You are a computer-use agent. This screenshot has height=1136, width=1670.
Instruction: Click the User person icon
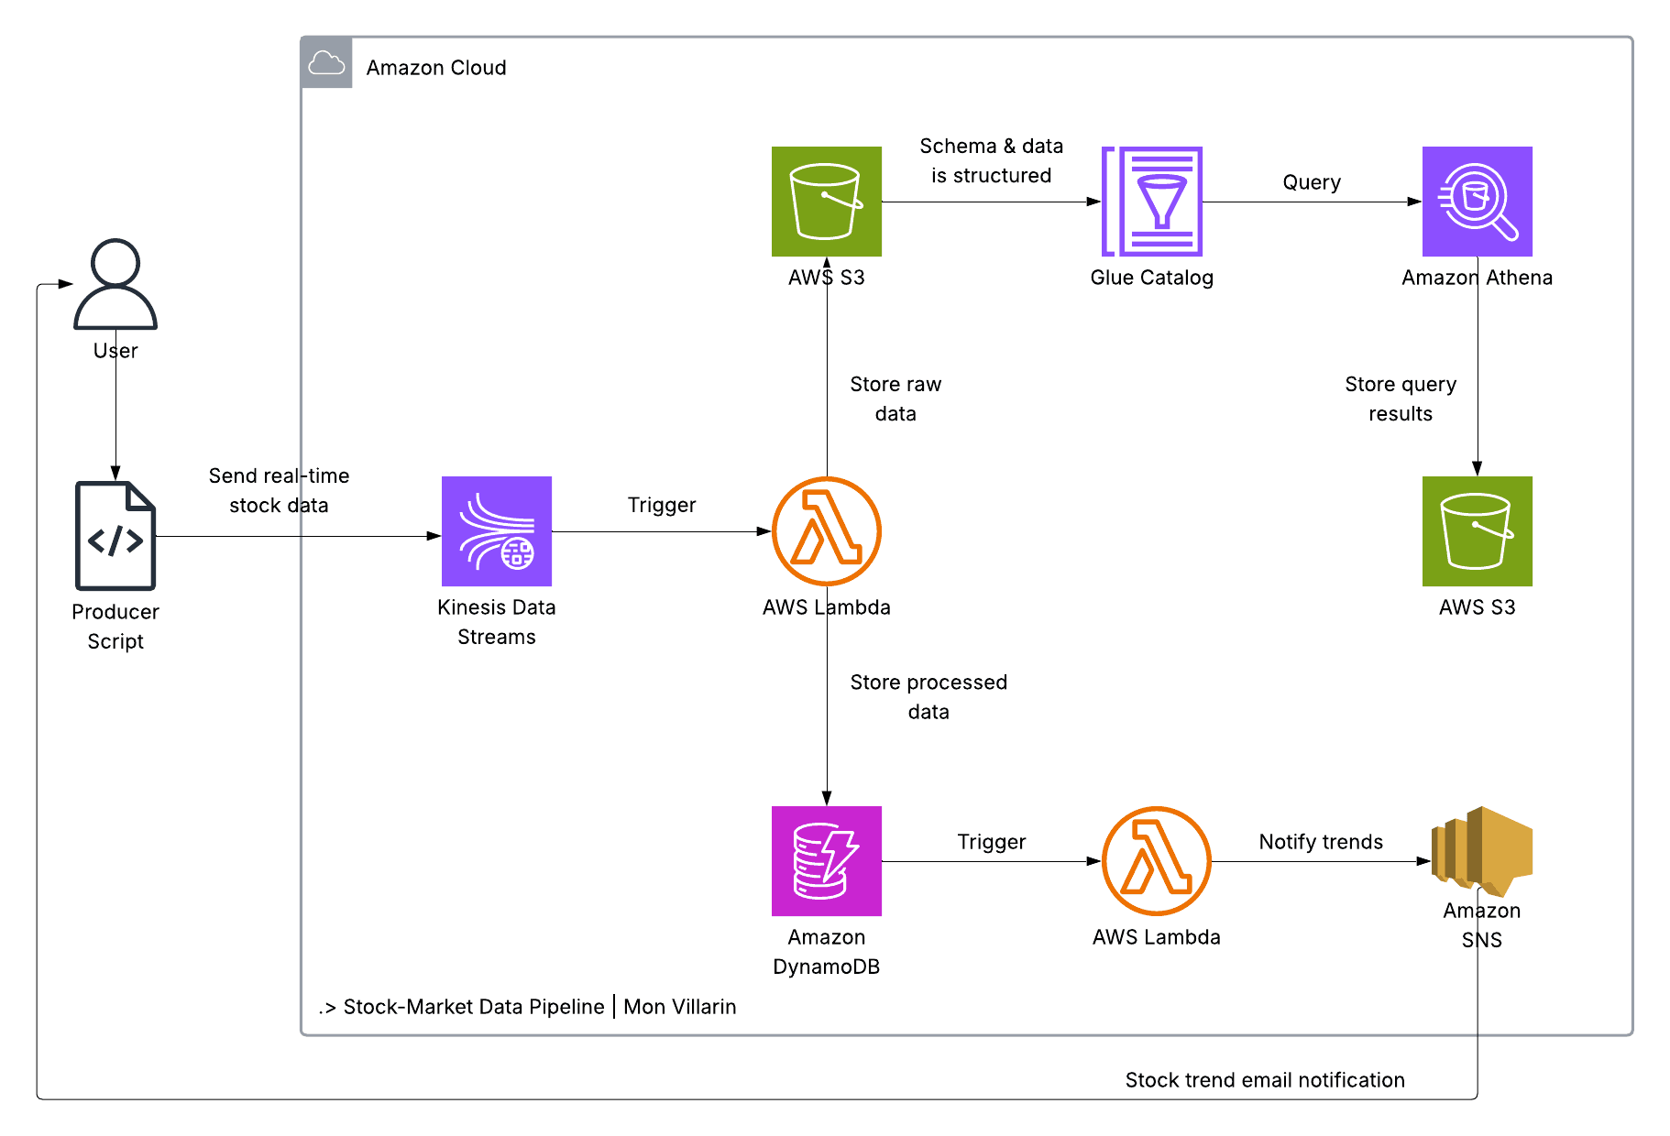(x=115, y=284)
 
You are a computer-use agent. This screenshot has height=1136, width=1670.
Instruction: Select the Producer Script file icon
(x=115, y=536)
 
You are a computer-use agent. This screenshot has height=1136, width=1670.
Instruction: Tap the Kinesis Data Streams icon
(x=497, y=531)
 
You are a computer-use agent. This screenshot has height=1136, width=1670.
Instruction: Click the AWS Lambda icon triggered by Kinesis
(x=827, y=531)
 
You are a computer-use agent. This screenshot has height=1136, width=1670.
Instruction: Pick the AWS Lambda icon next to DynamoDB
(x=1157, y=861)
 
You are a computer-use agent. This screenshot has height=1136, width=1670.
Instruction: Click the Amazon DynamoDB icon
(x=827, y=861)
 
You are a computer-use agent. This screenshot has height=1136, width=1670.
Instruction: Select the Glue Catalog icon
(x=1152, y=202)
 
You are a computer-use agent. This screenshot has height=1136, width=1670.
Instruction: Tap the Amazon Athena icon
(x=1478, y=202)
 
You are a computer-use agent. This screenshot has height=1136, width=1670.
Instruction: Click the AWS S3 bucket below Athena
(x=1478, y=531)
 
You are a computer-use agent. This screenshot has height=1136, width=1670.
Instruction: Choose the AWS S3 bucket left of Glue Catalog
(x=827, y=202)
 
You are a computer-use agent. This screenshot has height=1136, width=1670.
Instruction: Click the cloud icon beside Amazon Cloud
(x=326, y=63)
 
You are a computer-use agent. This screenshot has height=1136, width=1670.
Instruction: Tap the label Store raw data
(x=895, y=399)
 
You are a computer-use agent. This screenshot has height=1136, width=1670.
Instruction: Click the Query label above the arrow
(x=1312, y=182)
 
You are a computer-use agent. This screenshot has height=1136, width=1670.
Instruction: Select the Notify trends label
(x=1321, y=842)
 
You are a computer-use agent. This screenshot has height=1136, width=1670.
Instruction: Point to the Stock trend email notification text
(x=1265, y=1080)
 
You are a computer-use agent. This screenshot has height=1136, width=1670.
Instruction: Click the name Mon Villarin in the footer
(x=680, y=1007)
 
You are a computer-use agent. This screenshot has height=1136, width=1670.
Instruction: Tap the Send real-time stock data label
(x=279, y=490)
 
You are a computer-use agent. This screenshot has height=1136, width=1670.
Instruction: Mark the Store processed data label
(x=928, y=697)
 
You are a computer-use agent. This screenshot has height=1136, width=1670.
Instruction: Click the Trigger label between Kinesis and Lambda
(x=662, y=505)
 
